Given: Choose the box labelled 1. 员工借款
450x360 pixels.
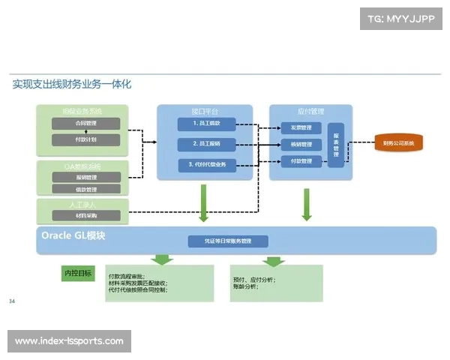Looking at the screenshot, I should click(206, 124).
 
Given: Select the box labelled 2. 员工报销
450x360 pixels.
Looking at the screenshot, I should click(206, 143).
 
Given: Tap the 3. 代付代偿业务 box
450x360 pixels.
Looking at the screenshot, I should click(206, 164).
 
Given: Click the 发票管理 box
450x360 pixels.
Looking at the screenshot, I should click(301, 127).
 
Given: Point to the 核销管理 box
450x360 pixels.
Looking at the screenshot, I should click(301, 144).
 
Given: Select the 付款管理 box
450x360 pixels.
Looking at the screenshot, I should click(301, 160).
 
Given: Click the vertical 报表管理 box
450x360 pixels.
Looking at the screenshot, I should click(335, 144).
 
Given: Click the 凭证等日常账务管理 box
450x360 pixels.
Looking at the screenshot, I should click(229, 241).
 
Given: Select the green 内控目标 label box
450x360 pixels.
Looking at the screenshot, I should click(79, 274).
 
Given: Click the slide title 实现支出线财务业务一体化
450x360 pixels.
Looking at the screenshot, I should click(72, 84).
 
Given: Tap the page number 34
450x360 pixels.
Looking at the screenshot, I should click(12, 301).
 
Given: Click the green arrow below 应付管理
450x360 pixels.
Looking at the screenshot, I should click(306, 203).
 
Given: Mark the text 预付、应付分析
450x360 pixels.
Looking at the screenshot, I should click(254, 280).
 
